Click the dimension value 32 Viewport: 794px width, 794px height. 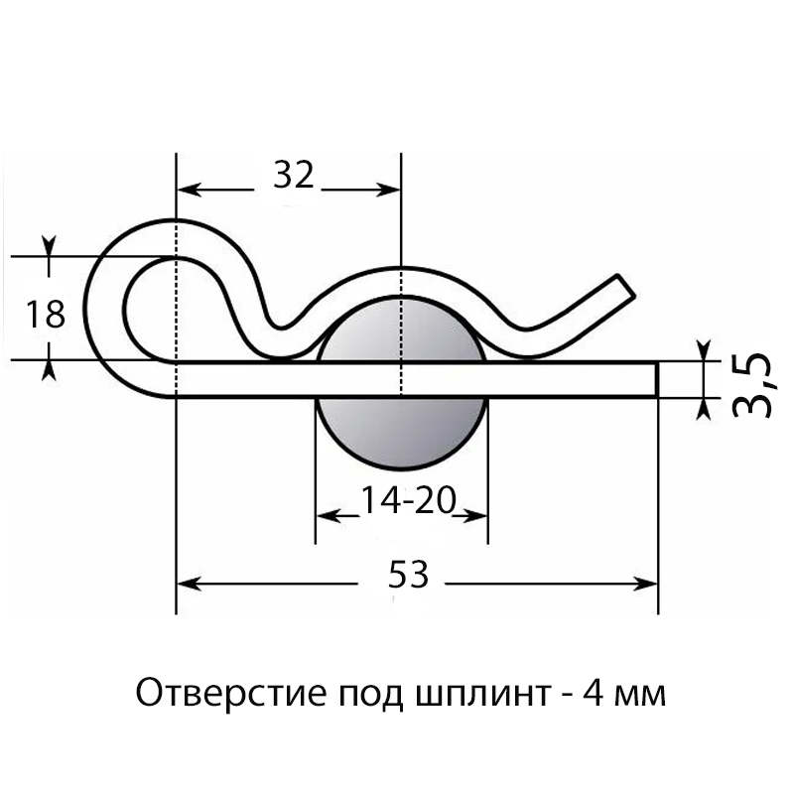[x=294, y=175]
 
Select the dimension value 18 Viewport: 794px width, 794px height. [x=46, y=314]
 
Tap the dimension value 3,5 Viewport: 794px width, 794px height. [x=752, y=385]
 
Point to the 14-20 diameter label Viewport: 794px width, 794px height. [x=408, y=500]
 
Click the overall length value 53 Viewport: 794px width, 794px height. [x=408, y=575]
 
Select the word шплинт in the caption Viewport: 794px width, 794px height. [x=482, y=694]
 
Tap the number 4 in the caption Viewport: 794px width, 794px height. [x=593, y=693]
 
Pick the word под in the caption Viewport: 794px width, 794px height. [x=370, y=695]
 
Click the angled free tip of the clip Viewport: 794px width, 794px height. [x=626, y=286]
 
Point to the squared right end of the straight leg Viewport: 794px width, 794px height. [x=657, y=380]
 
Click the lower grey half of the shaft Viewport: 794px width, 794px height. [x=402, y=433]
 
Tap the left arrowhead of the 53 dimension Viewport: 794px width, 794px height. [x=188, y=584]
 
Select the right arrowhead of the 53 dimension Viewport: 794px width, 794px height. [x=646, y=584]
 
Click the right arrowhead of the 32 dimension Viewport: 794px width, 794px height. [x=388, y=191]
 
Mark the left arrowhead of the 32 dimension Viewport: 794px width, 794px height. [x=190, y=191]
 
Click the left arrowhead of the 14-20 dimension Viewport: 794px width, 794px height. [x=329, y=516]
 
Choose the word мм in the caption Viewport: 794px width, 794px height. [x=640, y=696]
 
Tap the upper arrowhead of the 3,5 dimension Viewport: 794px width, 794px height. [x=704, y=350]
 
